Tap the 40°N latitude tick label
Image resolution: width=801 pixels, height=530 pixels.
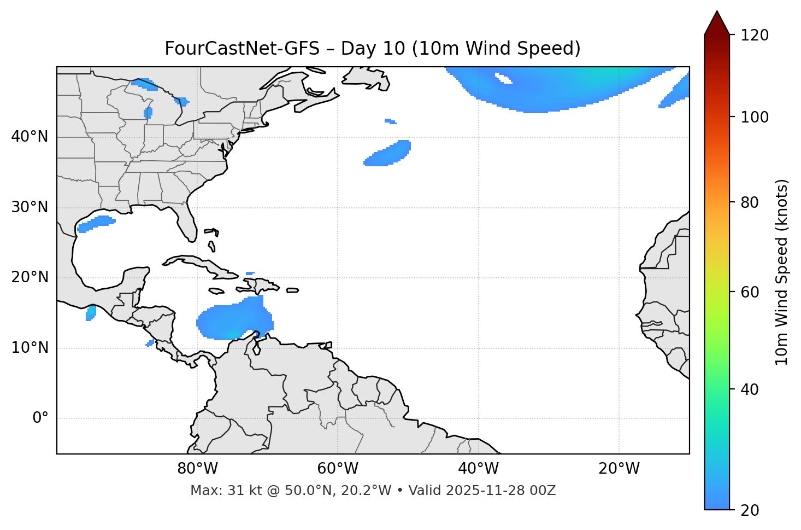pyautogui.click(x=30, y=137)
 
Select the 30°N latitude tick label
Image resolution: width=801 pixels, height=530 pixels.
pyautogui.click(x=30, y=207)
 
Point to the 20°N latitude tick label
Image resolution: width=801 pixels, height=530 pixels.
pyautogui.click(x=30, y=277)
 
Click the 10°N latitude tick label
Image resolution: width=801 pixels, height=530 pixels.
pyautogui.click(x=30, y=348)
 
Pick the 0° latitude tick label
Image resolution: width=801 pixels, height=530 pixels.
pyautogui.click(x=40, y=418)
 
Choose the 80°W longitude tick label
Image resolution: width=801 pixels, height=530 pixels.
pyautogui.click(x=197, y=469)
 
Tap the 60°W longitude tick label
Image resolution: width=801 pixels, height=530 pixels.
pyautogui.click(x=338, y=469)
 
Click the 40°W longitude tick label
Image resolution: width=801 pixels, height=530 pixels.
pyautogui.click(x=478, y=469)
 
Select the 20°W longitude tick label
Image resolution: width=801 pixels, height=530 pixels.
pyautogui.click(x=619, y=469)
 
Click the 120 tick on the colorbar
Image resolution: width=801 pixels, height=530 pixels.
pyautogui.click(x=755, y=35)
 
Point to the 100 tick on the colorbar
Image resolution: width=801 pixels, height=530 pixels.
pyautogui.click(x=755, y=117)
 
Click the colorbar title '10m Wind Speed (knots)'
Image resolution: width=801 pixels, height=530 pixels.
pyautogui.click(x=782, y=272)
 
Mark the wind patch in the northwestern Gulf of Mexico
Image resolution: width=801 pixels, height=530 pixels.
pyautogui.click(x=97, y=223)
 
